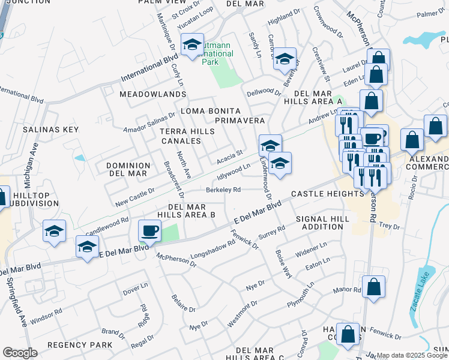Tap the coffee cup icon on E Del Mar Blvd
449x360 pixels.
click(149, 230)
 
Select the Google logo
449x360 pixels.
click(20, 353)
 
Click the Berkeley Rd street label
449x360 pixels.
click(223, 190)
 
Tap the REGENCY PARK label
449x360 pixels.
click(80, 345)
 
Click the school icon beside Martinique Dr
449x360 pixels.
click(193, 46)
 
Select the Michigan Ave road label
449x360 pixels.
click(34, 163)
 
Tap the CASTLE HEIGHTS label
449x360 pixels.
click(328, 194)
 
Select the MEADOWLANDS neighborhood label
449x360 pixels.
click(152, 95)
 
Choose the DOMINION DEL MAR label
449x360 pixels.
click(127, 169)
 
